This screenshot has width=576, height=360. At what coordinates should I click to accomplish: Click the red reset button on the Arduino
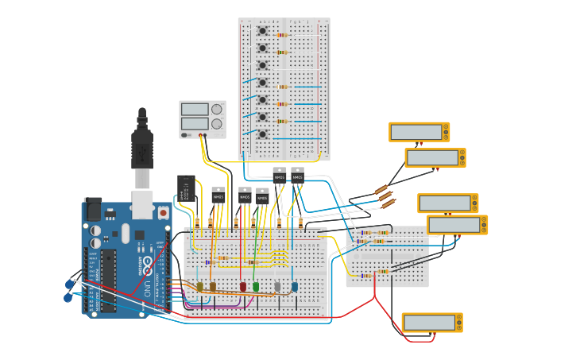coord(163,213)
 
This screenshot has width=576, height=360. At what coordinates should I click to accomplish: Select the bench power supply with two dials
coord(202,118)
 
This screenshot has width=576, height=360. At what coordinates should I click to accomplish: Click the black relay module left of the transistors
coord(187,188)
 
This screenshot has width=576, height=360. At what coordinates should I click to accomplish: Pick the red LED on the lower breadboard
coord(243,286)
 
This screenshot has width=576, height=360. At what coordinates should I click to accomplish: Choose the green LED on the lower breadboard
coord(256,286)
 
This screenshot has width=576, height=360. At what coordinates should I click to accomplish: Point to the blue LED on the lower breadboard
coord(295,286)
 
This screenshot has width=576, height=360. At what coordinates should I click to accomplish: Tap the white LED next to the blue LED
coord(277,286)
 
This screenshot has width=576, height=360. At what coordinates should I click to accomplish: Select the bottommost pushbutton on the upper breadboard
coord(262,134)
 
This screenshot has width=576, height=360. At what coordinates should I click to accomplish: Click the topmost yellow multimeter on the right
coord(419,132)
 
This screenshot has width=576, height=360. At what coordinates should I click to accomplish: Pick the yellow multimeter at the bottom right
coord(431,322)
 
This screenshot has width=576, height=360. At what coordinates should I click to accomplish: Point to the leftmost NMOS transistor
coord(218,195)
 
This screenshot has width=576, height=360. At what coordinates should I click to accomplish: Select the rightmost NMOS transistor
coord(297,175)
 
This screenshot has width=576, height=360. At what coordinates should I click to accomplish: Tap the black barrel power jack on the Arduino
coord(93,209)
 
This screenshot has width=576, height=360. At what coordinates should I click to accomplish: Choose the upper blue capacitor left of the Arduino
coord(70,284)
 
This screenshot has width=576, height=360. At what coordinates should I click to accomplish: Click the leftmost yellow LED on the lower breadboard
coord(200,286)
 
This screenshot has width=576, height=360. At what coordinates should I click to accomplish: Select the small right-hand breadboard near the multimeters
coord(387,257)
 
